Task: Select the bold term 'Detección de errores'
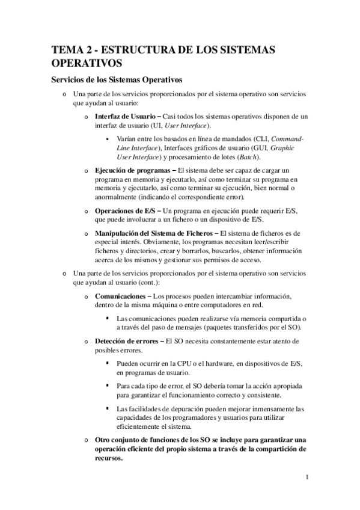[x=125, y=341]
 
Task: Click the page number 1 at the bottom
[x=307, y=478]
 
